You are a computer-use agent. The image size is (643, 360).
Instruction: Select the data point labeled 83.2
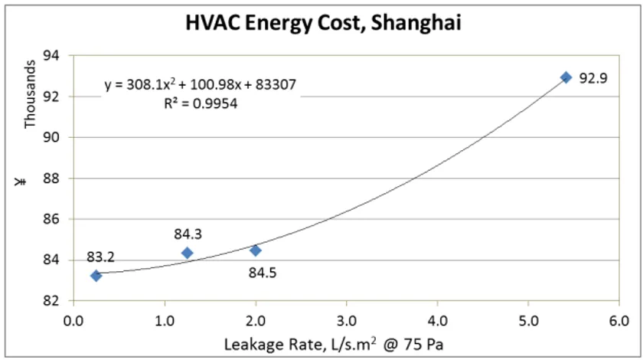96,275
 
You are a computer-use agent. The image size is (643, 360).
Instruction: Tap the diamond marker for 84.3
187,253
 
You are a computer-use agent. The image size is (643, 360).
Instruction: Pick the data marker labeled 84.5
256,250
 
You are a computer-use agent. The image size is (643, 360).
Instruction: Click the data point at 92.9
566,77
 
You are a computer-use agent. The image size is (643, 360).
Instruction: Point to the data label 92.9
593,77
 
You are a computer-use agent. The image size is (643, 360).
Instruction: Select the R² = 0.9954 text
201,103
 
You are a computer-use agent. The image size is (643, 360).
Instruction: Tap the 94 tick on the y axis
56,56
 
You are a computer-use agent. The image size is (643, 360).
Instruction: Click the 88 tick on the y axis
56,178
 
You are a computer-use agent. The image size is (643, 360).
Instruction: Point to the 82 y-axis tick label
56,301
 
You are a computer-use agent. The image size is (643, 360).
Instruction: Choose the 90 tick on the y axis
56,138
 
